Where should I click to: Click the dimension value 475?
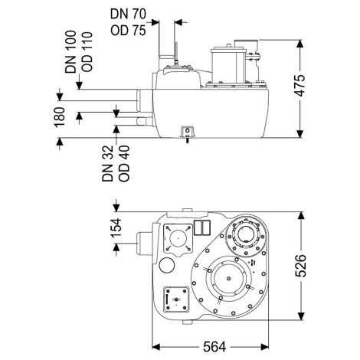pos(300,86)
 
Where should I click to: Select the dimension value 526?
pos(300,266)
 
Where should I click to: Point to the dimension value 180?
pos(60,117)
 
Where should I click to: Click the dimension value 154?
pos(116,227)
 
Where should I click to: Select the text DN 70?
pos(128,14)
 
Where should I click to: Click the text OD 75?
pos(128,30)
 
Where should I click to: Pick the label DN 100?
pos(70,52)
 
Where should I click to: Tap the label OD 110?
pos(87,52)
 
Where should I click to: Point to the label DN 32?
pos(107,163)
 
